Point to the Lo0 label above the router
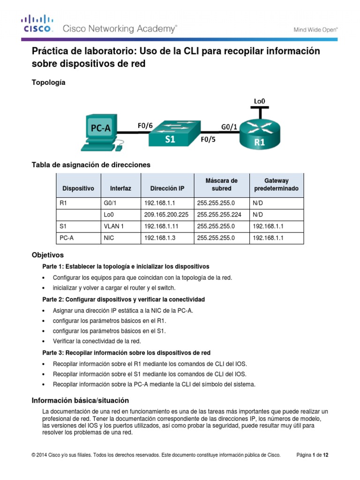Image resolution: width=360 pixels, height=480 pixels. click(x=260, y=100)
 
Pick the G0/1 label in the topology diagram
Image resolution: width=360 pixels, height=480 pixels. click(x=229, y=126)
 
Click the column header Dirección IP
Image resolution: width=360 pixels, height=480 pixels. click(x=167, y=188)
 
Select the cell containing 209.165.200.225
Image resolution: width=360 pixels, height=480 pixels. click(x=166, y=215)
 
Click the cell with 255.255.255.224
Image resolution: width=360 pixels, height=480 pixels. click(x=221, y=215)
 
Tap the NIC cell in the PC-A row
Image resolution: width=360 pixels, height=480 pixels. click(x=109, y=238)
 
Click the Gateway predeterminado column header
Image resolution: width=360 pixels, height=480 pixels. click(x=276, y=185)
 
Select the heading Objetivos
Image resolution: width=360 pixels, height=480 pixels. click(x=47, y=255)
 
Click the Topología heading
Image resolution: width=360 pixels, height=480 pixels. click(x=48, y=82)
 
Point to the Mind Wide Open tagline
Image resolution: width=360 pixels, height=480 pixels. click(x=315, y=29)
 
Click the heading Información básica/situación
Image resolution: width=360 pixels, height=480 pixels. click(x=80, y=400)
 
